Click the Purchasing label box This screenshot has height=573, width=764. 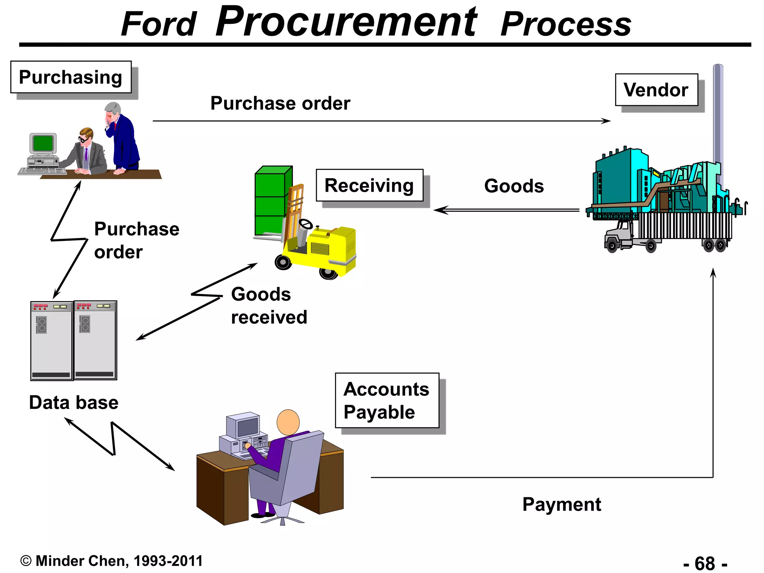71,77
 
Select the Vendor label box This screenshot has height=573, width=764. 656,90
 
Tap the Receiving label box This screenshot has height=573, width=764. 369,185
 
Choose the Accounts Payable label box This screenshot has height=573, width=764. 387,400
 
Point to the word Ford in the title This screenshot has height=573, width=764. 159,25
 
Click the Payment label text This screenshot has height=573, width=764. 561,504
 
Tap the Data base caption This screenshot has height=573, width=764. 74,403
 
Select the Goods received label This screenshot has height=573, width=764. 269,306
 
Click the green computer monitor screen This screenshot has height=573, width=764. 43,143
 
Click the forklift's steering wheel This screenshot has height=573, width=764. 306,224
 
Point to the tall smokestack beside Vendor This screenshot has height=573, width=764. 718,119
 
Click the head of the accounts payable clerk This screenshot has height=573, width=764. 288,422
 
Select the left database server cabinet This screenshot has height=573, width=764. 51,341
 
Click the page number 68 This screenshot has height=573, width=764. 705,563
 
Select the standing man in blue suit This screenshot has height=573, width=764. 123,138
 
